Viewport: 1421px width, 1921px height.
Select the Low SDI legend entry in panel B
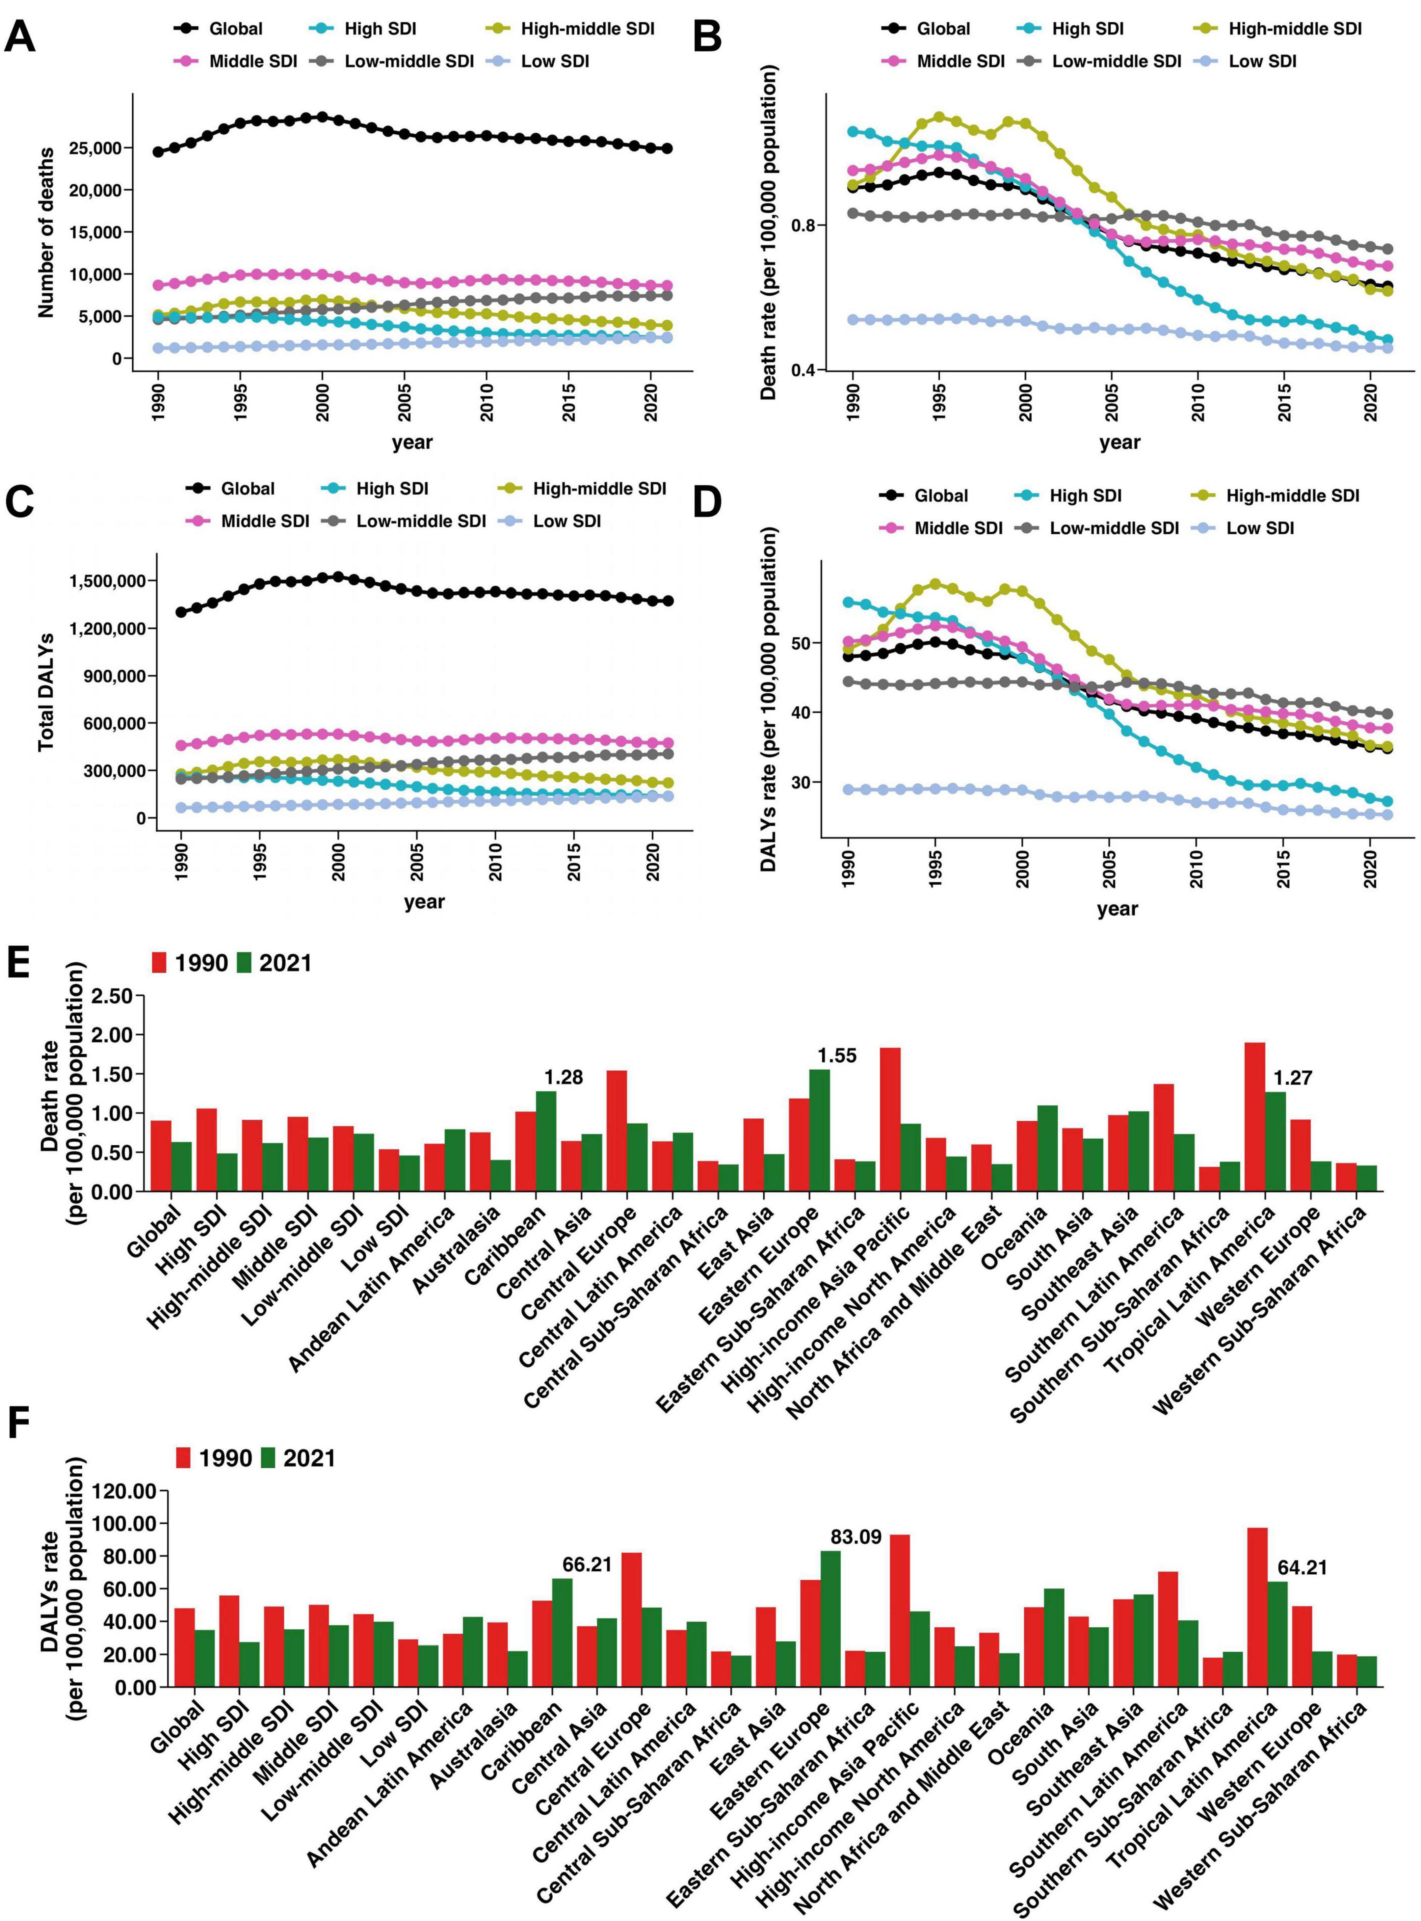tap(1261, 61)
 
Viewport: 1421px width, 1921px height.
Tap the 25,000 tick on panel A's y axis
tap(94, 148)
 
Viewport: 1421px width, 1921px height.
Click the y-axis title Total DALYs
tap(45, 693)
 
